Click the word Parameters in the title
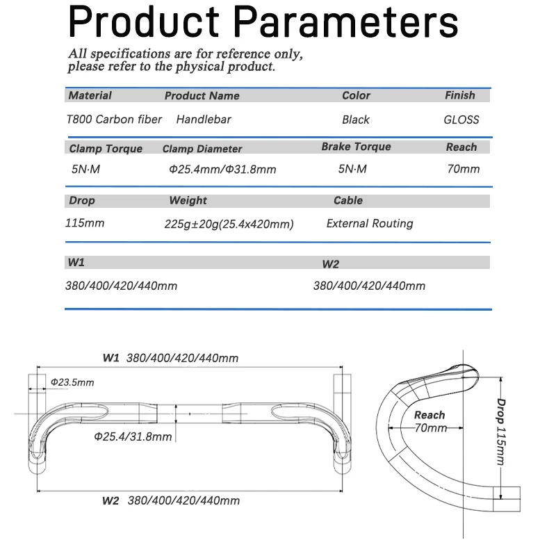[345, 22]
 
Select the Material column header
[90, 95]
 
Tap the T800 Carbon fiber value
[114, 119]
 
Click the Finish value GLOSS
[461, 120]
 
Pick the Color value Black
[356, 120]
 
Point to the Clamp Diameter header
[202, 149]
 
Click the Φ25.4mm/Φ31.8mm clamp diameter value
[222, 169]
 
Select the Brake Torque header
[356, 147]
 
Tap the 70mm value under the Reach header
[464, 169]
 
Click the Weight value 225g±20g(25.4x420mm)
[229, 224]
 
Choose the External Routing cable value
[370, 223]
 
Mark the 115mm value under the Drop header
[85, 223]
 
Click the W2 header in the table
[331, 264]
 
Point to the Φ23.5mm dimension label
[72, 382]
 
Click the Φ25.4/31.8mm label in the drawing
[133, 436]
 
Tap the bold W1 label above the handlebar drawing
[111, 358]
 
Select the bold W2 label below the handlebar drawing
[111, 500]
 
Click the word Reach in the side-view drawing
[430, 415]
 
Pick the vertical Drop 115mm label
[500, 432]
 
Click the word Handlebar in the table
[204, 120]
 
